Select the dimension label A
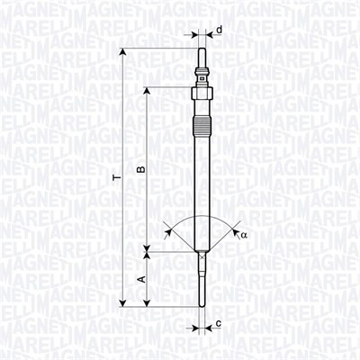(x=140, y=280)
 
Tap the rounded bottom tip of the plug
(x=203, y=304)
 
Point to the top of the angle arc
(x=203, y=216)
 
